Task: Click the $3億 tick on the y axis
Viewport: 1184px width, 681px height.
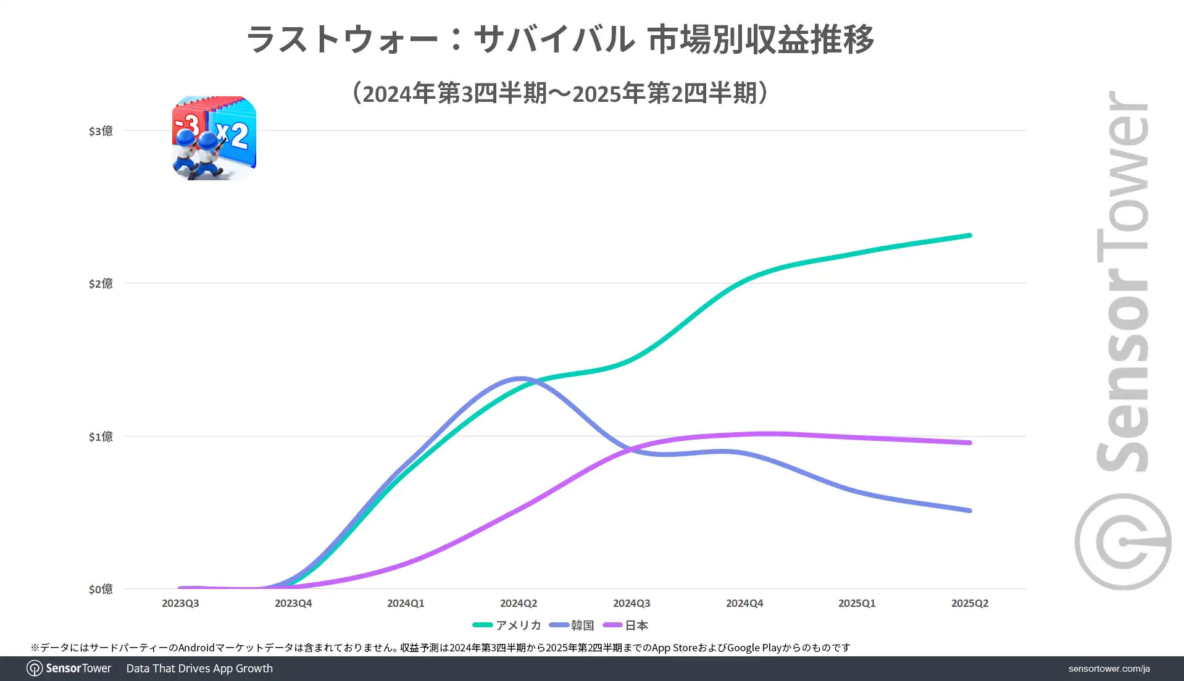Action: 101,131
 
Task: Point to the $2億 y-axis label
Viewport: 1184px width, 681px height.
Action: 101,283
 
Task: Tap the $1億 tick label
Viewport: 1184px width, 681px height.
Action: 101,437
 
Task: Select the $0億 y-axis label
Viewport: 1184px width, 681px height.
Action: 101,589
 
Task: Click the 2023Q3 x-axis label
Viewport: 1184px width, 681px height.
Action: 180,603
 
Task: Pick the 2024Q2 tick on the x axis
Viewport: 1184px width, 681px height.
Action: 519,603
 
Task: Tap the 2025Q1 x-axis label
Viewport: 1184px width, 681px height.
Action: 857,603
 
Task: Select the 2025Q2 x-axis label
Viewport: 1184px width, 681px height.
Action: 970,603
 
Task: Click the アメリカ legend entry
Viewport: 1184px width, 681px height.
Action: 507,625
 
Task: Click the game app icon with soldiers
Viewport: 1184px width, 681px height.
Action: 214,138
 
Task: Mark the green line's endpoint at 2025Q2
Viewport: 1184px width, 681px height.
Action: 970,235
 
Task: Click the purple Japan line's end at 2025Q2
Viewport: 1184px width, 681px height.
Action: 970,443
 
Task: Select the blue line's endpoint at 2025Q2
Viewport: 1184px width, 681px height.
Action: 970,511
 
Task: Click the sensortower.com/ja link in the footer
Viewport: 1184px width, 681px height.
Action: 1109,669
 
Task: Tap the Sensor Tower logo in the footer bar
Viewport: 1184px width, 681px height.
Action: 69,669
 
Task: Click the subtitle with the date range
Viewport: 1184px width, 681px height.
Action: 561,93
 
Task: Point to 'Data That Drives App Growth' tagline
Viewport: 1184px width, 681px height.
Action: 199,669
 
